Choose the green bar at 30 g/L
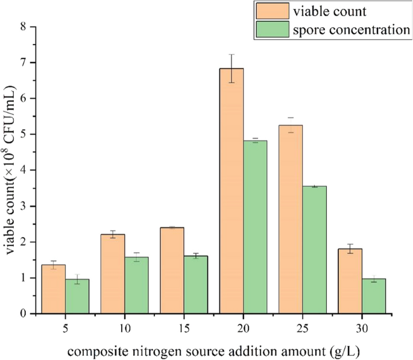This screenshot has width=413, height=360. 373,295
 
